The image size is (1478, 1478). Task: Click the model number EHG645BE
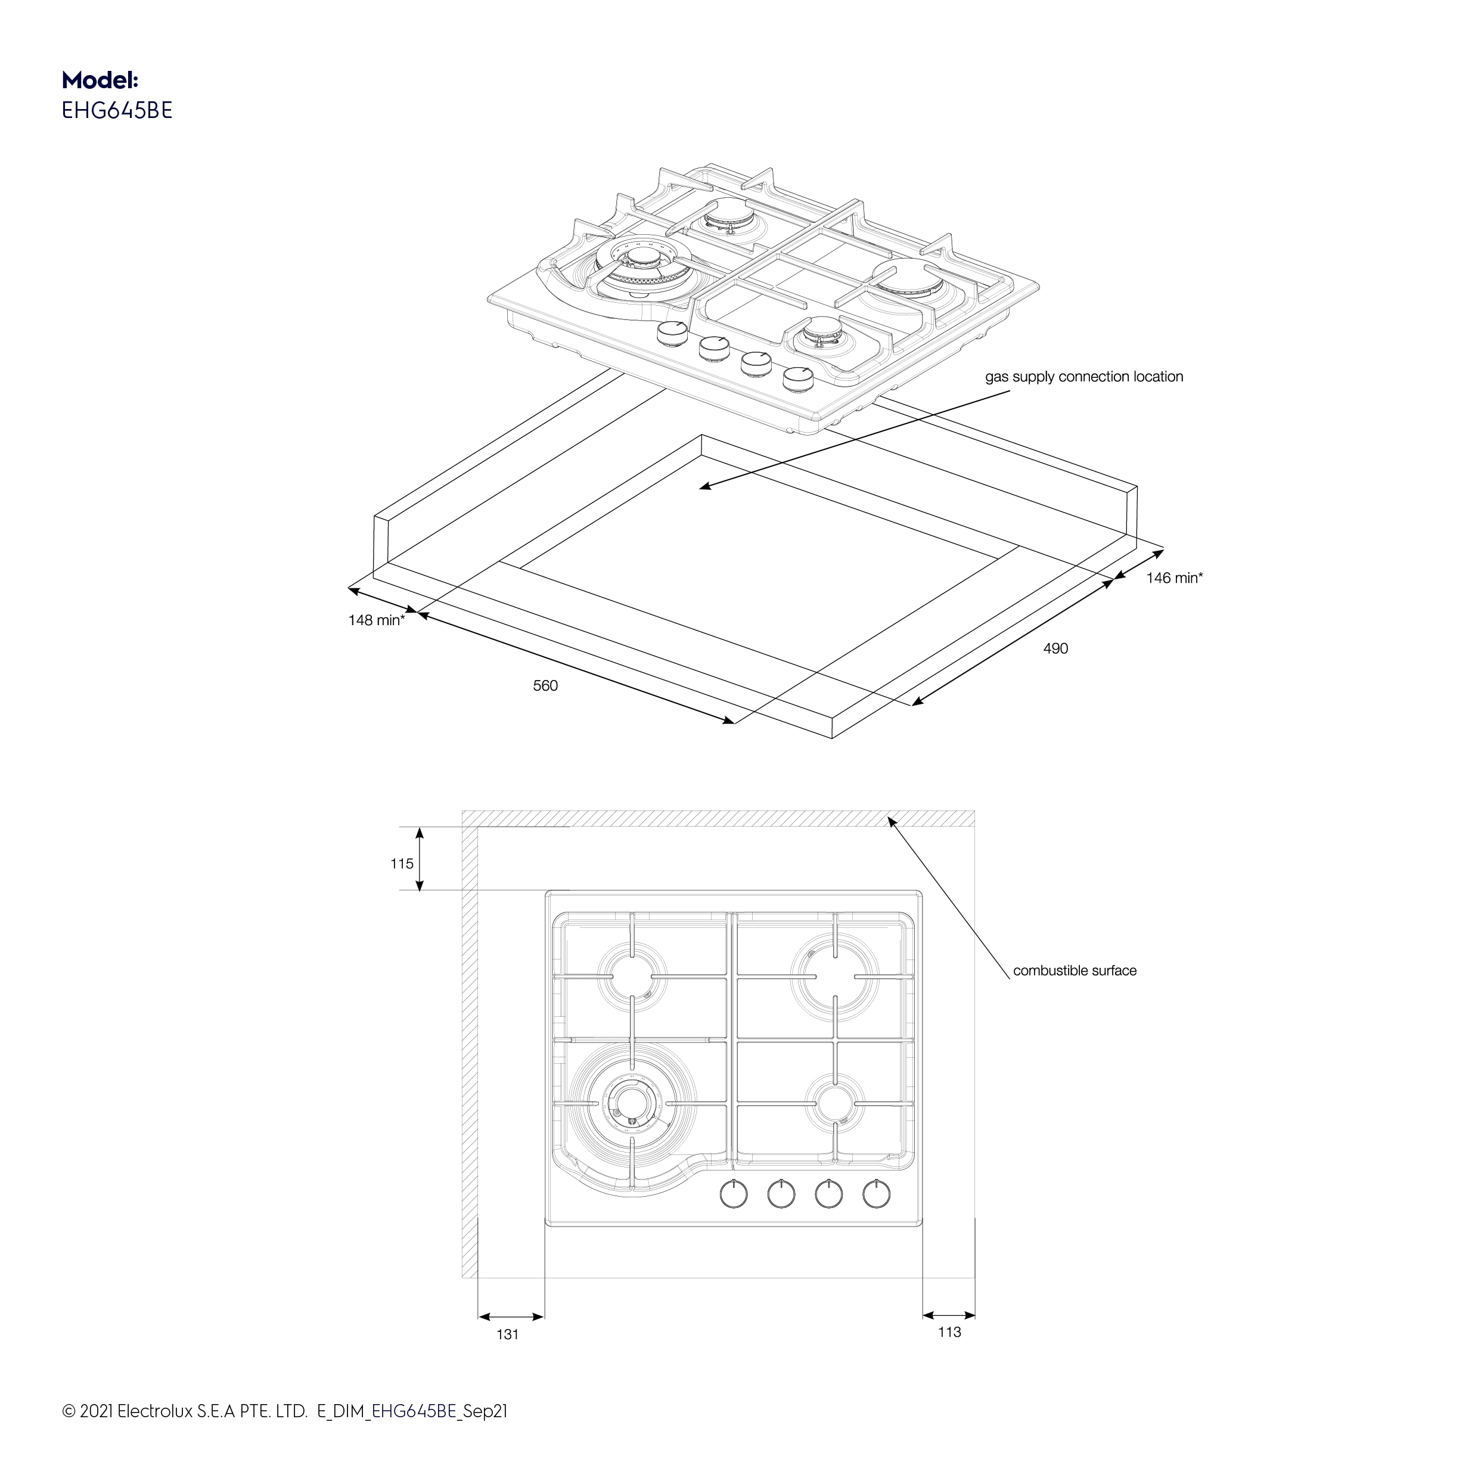117,111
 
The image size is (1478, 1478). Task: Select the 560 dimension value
545,686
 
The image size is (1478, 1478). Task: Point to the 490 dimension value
1055,649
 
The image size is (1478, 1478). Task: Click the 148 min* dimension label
377,620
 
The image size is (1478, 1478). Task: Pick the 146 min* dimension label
1173,578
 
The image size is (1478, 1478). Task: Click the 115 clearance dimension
402,864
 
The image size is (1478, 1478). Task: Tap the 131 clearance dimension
507,1335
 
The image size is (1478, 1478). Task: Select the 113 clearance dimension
949,1333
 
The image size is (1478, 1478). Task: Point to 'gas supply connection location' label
1083,377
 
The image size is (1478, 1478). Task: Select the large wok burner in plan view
632,1103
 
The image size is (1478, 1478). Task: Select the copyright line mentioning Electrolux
285,1411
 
